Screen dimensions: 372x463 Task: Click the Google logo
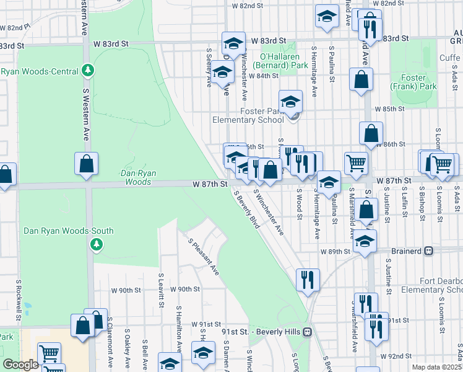20,365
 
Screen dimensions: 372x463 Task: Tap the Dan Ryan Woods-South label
68,231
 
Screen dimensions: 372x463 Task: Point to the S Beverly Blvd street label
246,210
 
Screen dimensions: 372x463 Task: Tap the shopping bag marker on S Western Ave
87,164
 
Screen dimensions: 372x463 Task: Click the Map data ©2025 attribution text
437,367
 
